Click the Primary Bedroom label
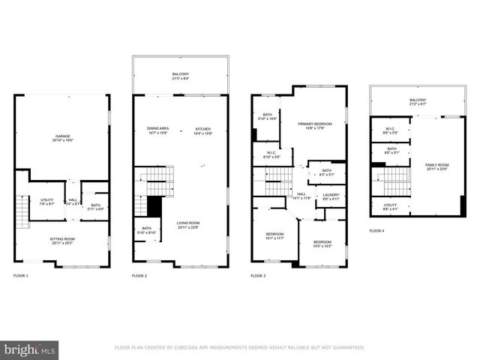[x=315, y=124]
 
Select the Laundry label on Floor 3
[x=331, y=196]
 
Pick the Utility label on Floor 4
[x=390, y=206]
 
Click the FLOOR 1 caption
[x=21, y=276]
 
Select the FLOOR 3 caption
[x=258, y=276]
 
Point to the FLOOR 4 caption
[x=376, y=231]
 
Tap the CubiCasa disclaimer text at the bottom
[x=239, y=348]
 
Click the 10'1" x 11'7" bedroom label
[x=275, y=236]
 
